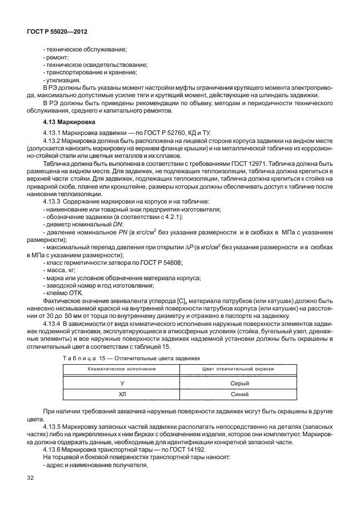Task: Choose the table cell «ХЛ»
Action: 121,395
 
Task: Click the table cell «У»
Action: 121,382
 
